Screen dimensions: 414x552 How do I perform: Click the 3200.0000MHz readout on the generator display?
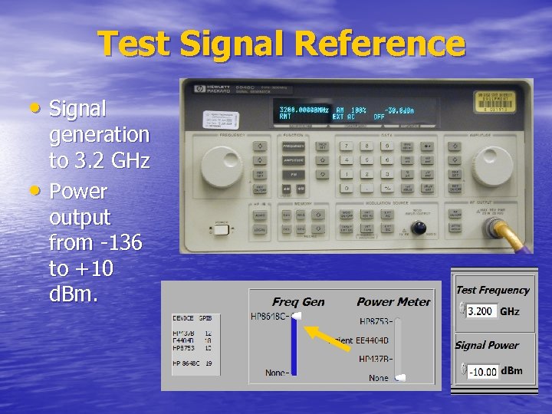click(x=304, y=110)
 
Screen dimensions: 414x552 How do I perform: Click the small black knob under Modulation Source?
click(x=419, y=227)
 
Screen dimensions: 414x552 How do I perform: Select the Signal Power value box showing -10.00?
click(x=482, y=372)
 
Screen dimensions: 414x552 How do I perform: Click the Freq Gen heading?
click(x=298, y=302)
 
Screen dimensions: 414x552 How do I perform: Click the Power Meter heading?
click(x=393, y=302)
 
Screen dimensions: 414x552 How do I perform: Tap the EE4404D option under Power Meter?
click(x=372, y=340)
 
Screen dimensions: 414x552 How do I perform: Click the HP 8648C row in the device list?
click(x=192, y=363)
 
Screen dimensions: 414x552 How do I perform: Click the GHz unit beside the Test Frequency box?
click(x=510, y=312)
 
